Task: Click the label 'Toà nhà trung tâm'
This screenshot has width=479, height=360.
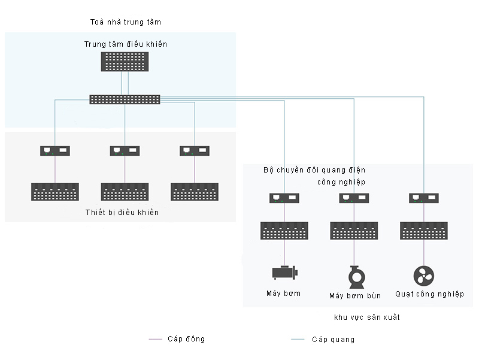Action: tap(126, 22)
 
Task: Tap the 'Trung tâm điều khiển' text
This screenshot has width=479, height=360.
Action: tap(126, 44)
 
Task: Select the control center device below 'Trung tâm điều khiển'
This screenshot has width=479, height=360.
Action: tap(125, 62)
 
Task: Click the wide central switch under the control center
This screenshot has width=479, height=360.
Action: tap(125, 99)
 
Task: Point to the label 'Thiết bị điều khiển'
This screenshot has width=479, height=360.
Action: tap(122, 213)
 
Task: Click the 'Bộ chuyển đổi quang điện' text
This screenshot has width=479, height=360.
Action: tap(314, 170)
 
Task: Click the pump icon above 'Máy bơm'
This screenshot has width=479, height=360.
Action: tap(284, 273)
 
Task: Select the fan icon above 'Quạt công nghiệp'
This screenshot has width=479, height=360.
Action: tap(423, 276)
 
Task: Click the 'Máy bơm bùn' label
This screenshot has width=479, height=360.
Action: tap(355, 296)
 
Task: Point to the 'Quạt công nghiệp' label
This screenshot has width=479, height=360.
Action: tap(429, 294)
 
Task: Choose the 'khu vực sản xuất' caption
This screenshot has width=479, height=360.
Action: tap(366, 317)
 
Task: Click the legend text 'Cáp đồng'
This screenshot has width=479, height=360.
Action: tap(187, 339)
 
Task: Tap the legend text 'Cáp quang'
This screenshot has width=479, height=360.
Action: tap(333, 340)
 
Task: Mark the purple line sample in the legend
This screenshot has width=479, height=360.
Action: tap(156, 340)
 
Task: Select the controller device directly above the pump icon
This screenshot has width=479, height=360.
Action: tap(284, 231)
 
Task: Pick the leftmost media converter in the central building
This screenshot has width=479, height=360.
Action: tap(55, 151)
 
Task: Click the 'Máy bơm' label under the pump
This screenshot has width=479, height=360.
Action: tap(283, 294)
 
